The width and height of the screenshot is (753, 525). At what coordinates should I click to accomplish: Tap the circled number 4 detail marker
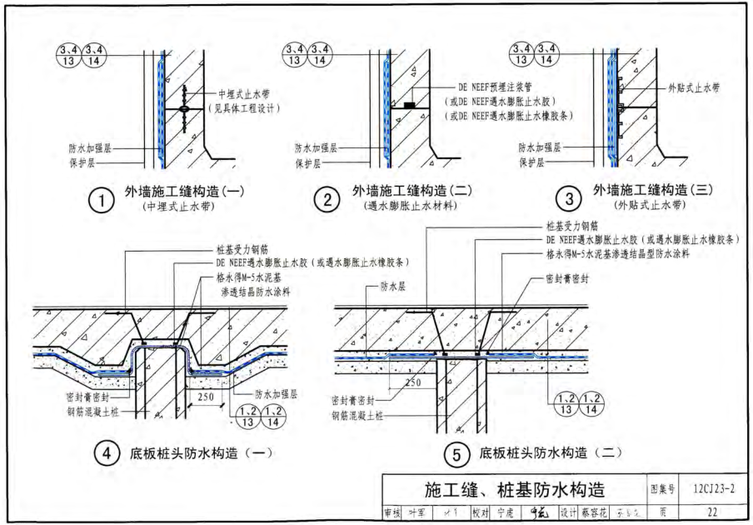[x=105, y=455]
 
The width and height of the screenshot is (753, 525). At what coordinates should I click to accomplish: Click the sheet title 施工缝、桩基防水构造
[x=514, y=489]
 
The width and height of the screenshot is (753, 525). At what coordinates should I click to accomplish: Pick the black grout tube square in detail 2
[x=409, y=106]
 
